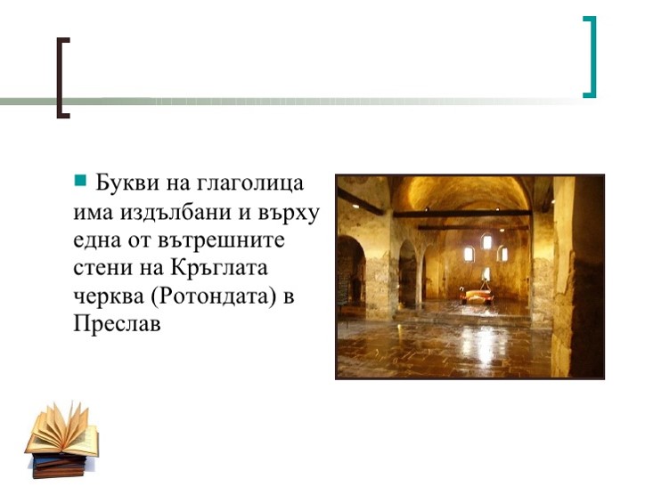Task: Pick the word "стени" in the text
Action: (x=102, y=269)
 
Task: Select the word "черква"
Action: (x=109, y=297)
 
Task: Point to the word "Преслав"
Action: (x=117, y=325)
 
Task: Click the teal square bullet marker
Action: (x=79, y=182)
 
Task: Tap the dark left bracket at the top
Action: (x=61, y=77)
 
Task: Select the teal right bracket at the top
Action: (x=589, y=56)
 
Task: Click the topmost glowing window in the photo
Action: (x=486, y=240)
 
